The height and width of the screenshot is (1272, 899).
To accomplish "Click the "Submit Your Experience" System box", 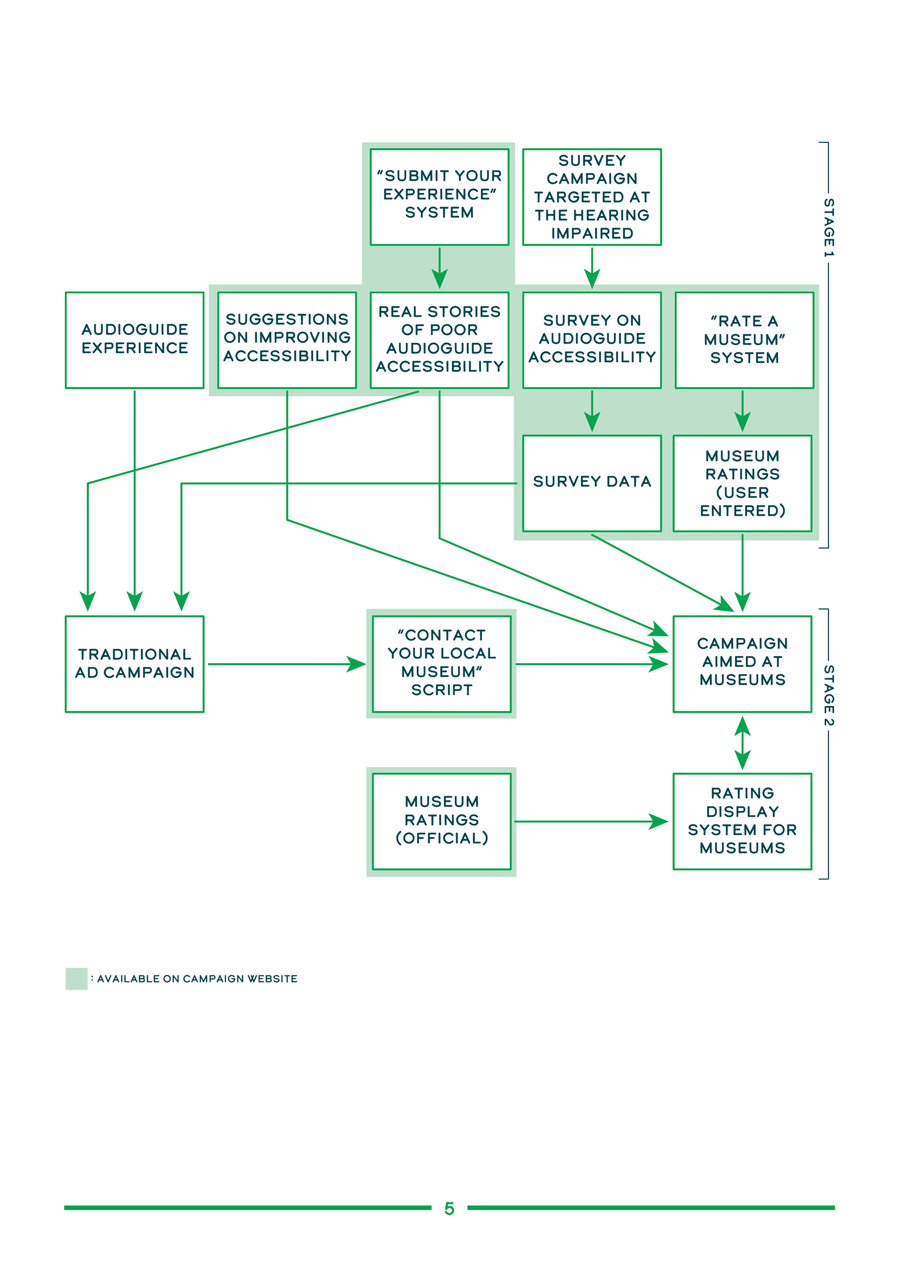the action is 439,197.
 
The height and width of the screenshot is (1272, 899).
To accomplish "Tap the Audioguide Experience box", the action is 134,340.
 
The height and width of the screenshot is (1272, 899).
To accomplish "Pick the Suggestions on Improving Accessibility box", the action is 287,340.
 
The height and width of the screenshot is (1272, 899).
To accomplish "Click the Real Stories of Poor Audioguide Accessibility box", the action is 439,340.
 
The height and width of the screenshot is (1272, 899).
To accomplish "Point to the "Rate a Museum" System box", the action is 744,340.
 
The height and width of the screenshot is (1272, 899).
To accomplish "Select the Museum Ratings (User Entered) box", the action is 742,483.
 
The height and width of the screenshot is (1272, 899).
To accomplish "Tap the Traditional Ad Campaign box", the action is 134,664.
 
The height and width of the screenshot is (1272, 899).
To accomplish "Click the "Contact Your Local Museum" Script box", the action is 442,664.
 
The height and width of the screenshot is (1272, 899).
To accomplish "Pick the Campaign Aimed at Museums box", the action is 742,664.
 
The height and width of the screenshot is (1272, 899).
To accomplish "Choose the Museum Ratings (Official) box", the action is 442,821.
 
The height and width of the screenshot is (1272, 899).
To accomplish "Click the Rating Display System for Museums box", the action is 742,821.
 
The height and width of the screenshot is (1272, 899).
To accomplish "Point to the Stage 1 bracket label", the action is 829,227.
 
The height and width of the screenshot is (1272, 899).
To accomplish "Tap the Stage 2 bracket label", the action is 829,695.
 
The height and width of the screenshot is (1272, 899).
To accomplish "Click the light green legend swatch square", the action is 76,978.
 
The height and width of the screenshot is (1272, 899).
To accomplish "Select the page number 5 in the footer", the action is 449,1208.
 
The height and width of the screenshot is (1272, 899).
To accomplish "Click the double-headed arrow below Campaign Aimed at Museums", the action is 742,742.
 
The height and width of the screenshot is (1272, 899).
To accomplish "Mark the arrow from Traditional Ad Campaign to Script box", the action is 287,664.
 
